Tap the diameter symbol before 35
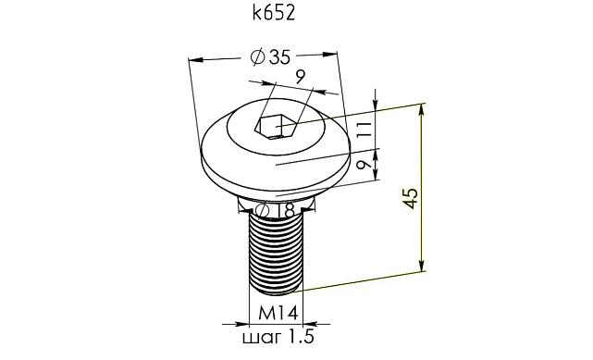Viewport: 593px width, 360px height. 258,58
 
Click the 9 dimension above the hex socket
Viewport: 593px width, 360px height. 301,77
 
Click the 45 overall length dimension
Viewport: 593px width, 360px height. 411,196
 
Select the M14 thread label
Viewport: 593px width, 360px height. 277,311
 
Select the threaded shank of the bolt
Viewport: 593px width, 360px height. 277,250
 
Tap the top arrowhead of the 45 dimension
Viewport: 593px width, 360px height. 423,108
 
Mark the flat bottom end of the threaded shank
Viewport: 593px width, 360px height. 277,288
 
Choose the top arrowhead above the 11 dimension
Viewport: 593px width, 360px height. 376,105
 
